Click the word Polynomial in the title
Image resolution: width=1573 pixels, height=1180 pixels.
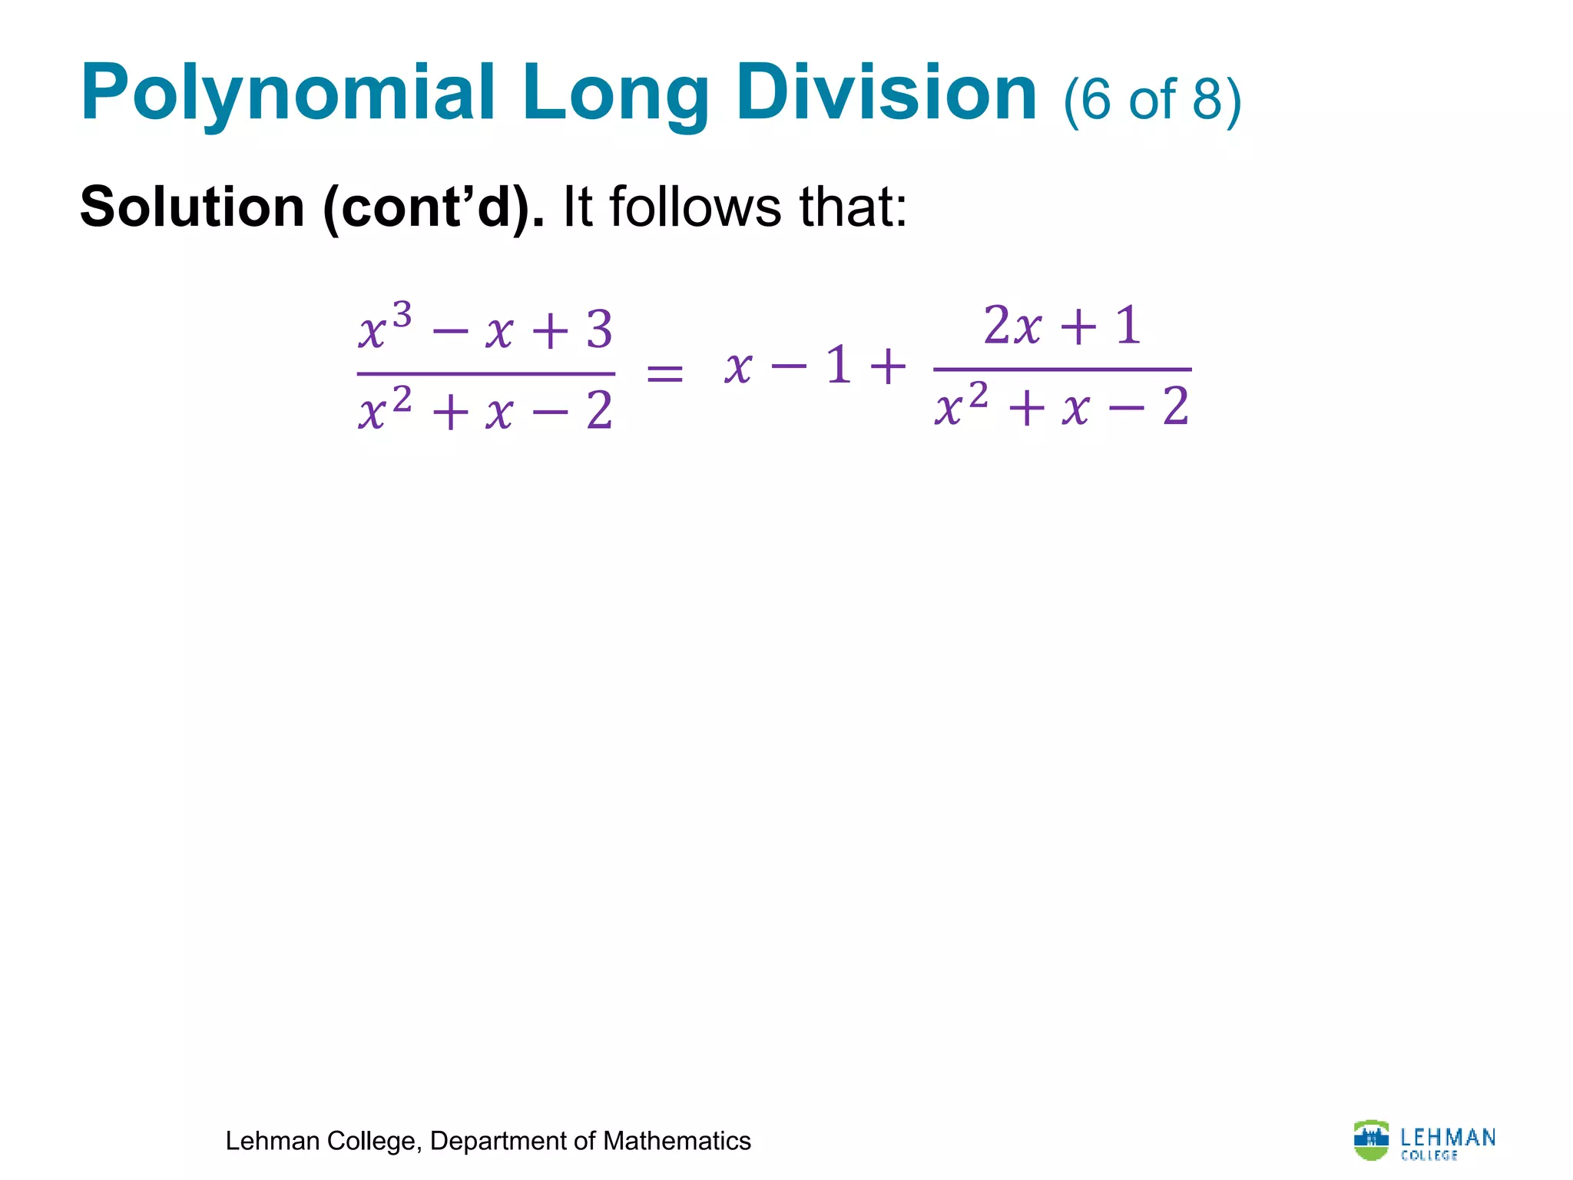288,94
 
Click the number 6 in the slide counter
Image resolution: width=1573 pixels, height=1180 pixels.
1096,99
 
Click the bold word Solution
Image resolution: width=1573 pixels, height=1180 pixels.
192,207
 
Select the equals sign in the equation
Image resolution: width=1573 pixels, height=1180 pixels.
664,374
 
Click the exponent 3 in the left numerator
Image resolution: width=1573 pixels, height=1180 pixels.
402,314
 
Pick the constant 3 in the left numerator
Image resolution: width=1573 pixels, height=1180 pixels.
599,330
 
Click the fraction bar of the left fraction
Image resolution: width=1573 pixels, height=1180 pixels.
485,374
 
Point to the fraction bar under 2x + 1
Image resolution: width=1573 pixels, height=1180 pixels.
1062,370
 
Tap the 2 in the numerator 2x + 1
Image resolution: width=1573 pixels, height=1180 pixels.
997,325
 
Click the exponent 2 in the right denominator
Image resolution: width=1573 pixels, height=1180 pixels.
978,396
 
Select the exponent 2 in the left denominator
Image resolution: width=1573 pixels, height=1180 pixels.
402,399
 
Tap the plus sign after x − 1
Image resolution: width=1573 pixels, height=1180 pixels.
888,366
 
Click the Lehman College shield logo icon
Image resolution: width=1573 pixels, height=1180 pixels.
1371,1139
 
